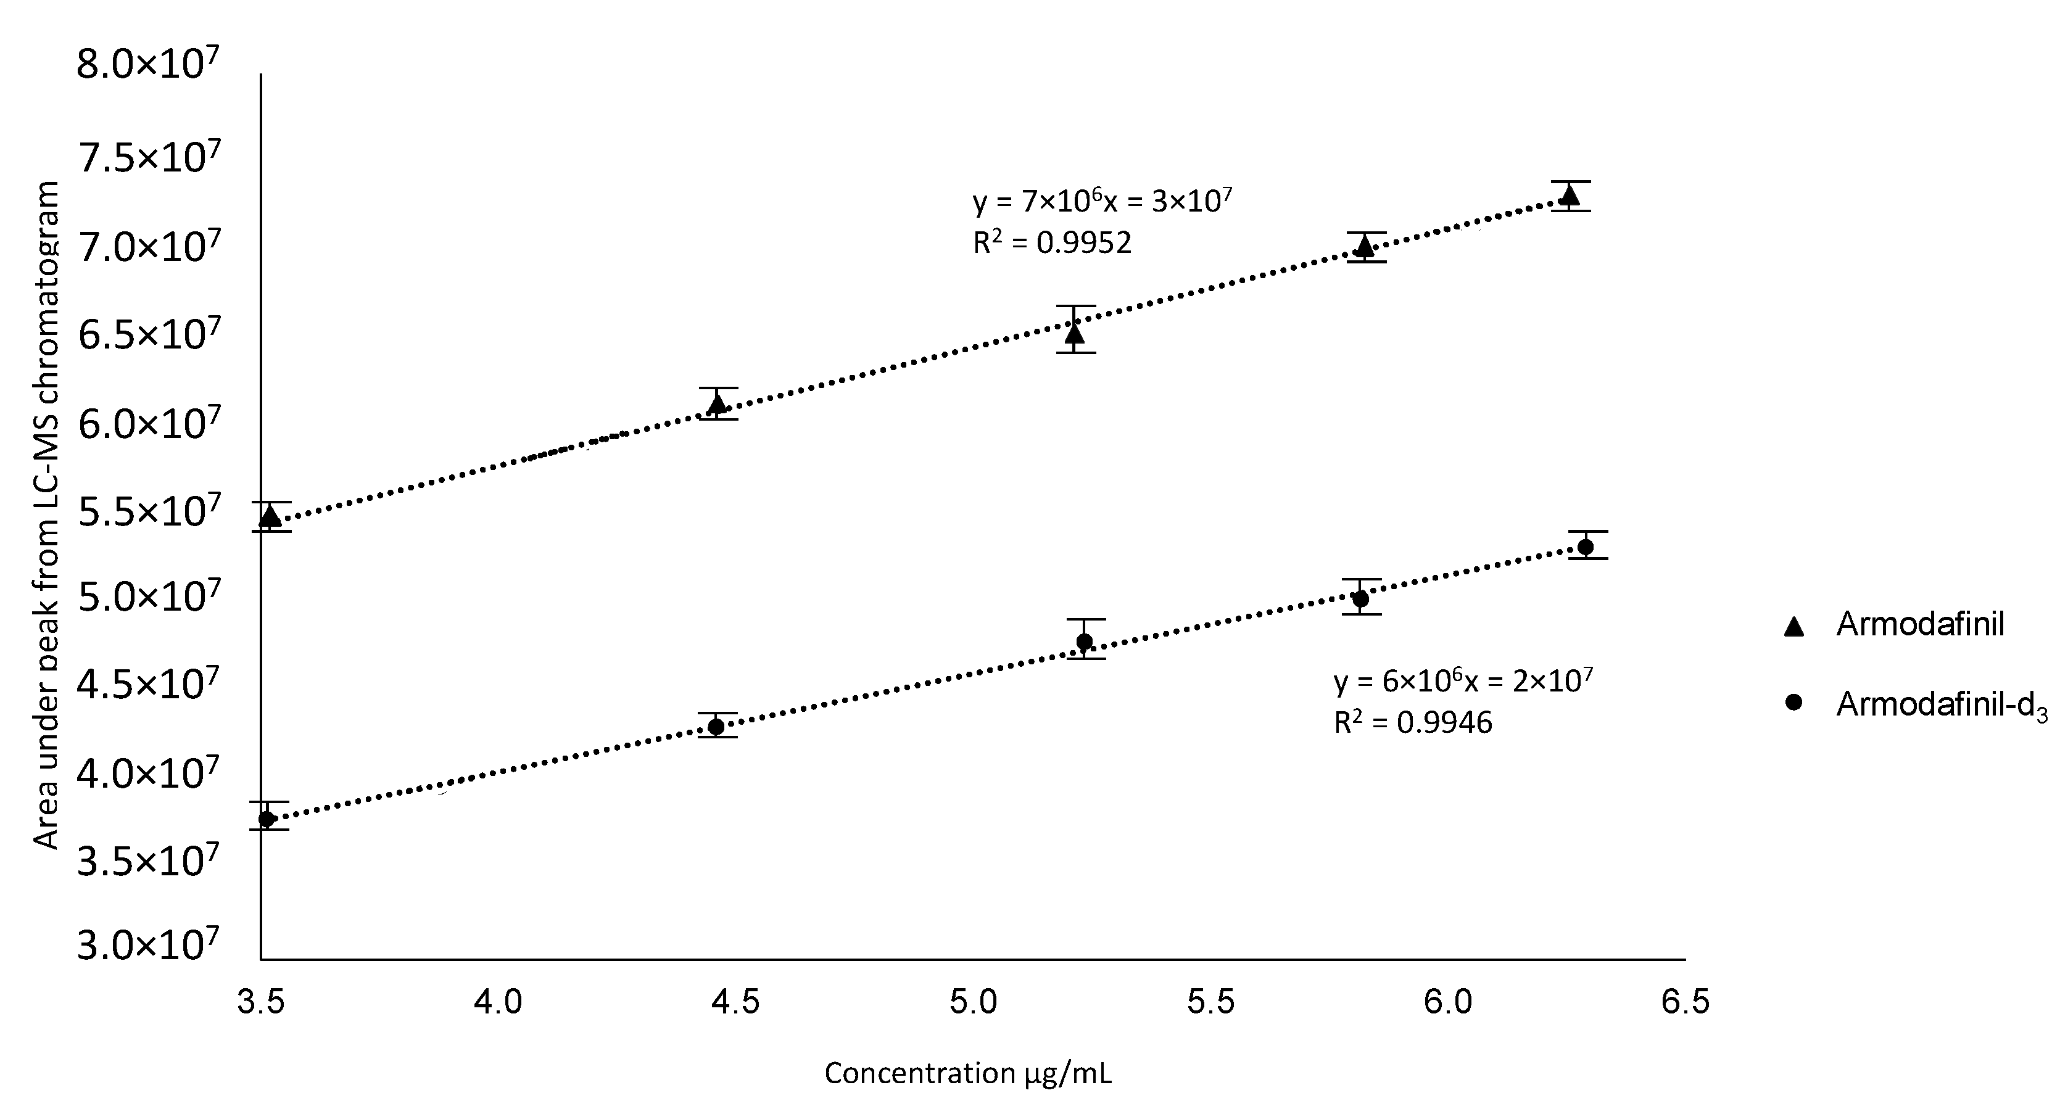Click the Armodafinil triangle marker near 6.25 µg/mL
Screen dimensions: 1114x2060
coord(1569,194)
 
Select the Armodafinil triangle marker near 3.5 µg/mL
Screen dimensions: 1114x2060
coord(271,517)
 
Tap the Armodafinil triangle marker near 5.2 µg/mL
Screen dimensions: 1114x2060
coord(1075,332)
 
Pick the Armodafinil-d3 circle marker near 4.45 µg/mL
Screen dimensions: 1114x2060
coord(716,726)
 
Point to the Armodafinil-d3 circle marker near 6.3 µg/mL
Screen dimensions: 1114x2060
coord(1586,547)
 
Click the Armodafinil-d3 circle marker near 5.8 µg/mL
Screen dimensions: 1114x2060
coord(1360,598)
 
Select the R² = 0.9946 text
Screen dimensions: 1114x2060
coord(1412,722)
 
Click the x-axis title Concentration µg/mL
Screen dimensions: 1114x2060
coord(967,1073)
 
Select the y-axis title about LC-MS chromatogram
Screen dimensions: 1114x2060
coord(46,516)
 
